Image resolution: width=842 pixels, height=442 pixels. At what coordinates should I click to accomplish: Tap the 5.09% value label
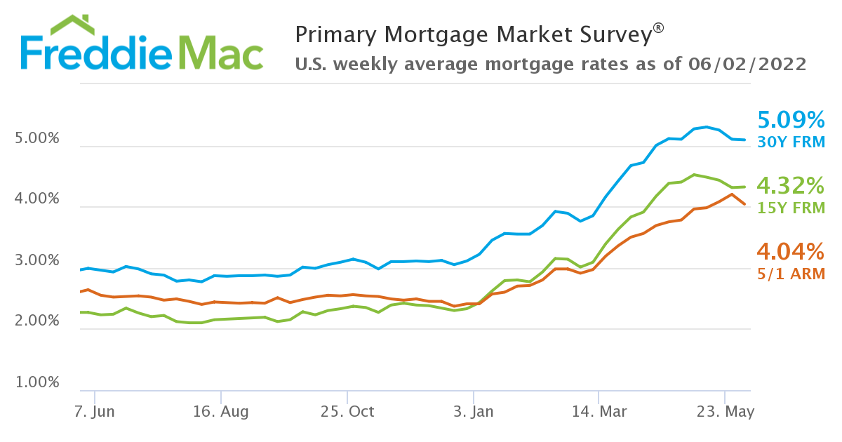click(791, 119)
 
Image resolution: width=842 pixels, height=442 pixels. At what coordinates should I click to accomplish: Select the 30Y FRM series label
click(791, 142)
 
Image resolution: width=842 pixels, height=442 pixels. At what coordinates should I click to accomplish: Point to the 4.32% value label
click(791, 186)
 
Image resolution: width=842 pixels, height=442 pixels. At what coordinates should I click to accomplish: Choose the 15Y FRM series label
click(791, 208)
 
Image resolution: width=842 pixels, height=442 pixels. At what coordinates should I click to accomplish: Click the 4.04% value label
click(791, 251)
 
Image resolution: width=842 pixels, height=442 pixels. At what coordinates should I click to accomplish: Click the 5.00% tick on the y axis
click(37, 139)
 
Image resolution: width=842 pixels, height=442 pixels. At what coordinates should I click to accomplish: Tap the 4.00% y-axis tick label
click(37, 199)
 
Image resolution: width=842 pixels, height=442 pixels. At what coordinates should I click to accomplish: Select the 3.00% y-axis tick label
click(37, 261)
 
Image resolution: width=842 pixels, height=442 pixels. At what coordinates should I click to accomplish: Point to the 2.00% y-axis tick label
click(37, 321)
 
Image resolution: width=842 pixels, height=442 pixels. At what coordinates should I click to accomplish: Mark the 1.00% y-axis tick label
click(37, 383)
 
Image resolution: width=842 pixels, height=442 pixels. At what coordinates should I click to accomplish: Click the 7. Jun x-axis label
click(94, 412)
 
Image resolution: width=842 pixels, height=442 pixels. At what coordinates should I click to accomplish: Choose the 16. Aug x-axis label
click(220, 412)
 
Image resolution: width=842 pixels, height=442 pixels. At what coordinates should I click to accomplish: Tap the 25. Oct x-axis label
click(347, 412)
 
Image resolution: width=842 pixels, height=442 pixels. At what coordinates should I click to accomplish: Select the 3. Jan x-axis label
click(473, 412)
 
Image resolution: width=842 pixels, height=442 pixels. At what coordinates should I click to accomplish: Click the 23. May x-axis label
click(725, 412)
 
